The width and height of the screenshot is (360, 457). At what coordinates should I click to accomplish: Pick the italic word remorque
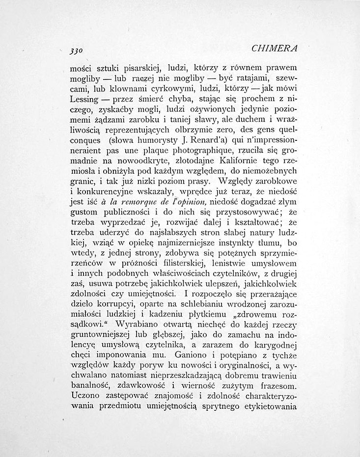[132, 200]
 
